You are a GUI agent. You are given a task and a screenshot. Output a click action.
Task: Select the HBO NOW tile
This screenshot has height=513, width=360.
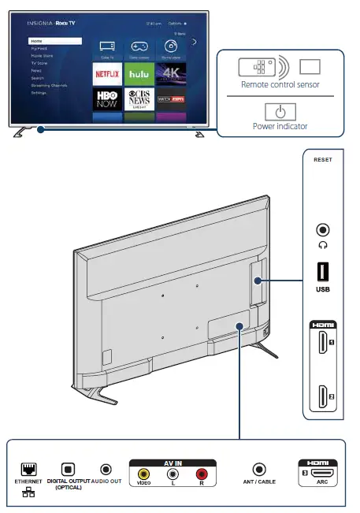[x=108, y=99]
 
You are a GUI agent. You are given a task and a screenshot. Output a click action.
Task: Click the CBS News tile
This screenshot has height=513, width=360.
[x=139, y=99]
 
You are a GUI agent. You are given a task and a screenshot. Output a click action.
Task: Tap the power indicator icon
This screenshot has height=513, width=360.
[x=280, y=111]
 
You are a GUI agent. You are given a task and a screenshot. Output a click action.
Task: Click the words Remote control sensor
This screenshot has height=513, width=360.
[x=280, y=83]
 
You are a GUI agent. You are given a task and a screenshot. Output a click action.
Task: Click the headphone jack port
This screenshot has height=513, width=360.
[x=323, y=230]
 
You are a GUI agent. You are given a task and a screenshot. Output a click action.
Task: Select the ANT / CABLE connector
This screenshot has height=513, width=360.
[x=258, y=470]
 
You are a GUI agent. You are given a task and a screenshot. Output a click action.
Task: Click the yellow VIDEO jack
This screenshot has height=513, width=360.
[x=143, y=474]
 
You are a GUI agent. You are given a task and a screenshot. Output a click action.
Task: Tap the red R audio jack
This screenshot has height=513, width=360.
[x=202, y=474]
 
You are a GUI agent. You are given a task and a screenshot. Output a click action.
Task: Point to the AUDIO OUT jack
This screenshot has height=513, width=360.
[x=106, y=470]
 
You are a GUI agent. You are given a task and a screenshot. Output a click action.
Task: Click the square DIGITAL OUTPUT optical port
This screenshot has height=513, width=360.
[x=69, y=470]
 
